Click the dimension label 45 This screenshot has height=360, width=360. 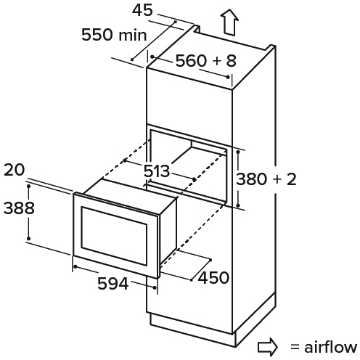[x=142, y=11]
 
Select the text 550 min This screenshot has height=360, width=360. [x=114, y=35]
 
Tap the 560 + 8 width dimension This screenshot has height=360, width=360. [x=205, y=60]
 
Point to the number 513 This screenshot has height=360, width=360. [x=157, y=171]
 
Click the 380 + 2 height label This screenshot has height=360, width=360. [x=266, y=179]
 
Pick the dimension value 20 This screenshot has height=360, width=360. [x=15, y=170]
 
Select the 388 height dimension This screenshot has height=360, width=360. [x=19, y=208]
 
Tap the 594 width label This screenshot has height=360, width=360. [x=112, y=284]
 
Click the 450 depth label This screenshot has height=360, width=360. [x=213, y=277]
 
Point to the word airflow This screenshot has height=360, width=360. [x=330, y=347]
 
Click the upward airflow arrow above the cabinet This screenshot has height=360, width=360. [x=229, y=22]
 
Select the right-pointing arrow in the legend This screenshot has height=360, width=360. [x=267, y=348]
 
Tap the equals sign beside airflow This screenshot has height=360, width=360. [x=295, y=347]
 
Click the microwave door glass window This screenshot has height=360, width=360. [x=114, y=236]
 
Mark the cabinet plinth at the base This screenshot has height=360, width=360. [x=213, y=322]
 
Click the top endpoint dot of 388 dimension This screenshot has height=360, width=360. [x=28, y=186]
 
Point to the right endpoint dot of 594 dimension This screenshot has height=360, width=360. [x=155, y=287]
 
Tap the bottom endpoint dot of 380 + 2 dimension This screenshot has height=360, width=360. [x=238, y=205]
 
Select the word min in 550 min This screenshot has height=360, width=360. [x=133, y=35]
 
